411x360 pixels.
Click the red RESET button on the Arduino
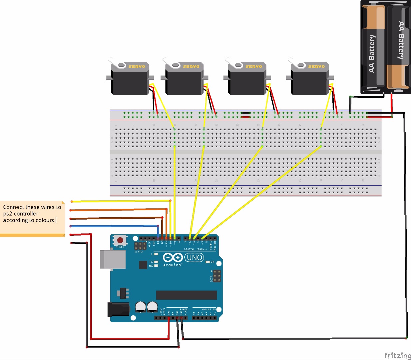[x=120, y=240]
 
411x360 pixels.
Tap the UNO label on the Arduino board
[x=195, y=257]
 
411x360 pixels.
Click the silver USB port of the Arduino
[x=113, y=259]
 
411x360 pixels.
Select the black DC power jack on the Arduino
[x=118, y=309]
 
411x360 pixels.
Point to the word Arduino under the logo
[x=172, y=265]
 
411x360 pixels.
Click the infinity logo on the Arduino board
[x=173, y=257]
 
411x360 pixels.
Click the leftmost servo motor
[x=130, y=80]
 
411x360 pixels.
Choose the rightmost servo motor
[x=310, y=80]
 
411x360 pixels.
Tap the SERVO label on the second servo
[x=191, y=67]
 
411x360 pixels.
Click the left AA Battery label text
[x=372, y=53]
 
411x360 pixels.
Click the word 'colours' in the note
[x=45, y=220]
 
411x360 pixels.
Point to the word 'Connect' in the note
[x=13, y=207]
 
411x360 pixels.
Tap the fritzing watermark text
[x=397, y=355]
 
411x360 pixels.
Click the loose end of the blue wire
[x=71, y=226]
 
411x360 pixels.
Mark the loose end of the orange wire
[x=71, y=210]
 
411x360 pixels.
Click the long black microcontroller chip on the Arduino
[x=187, y=295]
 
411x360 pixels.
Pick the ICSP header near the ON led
[x=217, y=276]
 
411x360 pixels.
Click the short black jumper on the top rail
[x=246, y=113]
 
